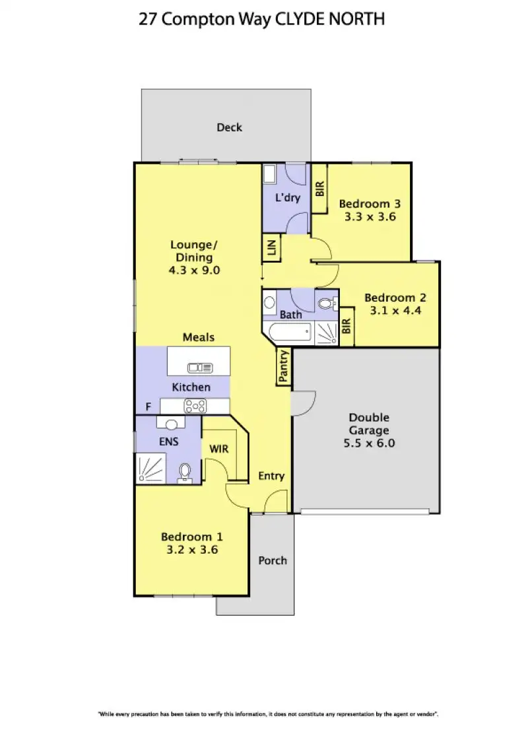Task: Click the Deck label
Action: (229, 127)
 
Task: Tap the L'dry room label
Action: (288, 197)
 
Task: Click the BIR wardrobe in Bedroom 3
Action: (320, 189)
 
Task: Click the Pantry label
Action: (284, 366)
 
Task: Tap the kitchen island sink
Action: (198, 368)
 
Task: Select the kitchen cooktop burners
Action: (196, 405)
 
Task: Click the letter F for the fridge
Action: (148, 406)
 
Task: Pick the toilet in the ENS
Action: (186, 471)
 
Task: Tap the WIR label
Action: (219, 449)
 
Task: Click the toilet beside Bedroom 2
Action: (325, 304)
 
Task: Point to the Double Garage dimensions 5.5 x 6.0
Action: (369, 443)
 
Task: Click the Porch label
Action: (272, 560)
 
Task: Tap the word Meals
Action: (198, 337)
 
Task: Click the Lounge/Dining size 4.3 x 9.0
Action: (193, 270)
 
